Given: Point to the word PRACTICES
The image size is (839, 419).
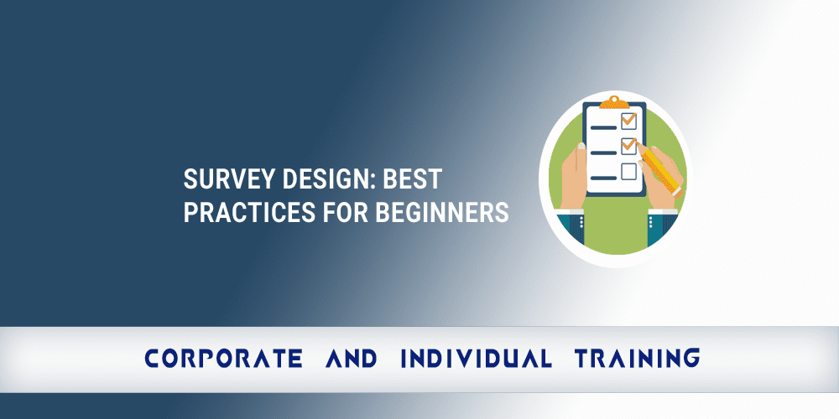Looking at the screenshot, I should click(x=242, y=212).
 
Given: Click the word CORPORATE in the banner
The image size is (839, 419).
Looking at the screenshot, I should click(x=223, y=359).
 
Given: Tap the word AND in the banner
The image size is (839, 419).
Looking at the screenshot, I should click(x=351, y=359).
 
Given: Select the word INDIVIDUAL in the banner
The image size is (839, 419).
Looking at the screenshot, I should click(x=476, y=359).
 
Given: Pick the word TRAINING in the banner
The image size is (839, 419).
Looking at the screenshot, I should click(x=637, y=359).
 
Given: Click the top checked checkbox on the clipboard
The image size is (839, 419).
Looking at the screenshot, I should click(x=628, y=121).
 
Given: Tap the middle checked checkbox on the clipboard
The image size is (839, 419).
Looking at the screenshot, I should click(x=628, y=146).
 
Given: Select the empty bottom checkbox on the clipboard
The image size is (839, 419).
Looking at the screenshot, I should click(x=628, y=172).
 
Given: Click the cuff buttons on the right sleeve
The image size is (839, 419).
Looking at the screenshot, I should click(x=652, y=223).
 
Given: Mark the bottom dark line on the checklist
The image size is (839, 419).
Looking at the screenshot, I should click(x=603, y=177).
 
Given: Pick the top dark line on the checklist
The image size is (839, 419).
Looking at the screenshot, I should click(x=603, y=127).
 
